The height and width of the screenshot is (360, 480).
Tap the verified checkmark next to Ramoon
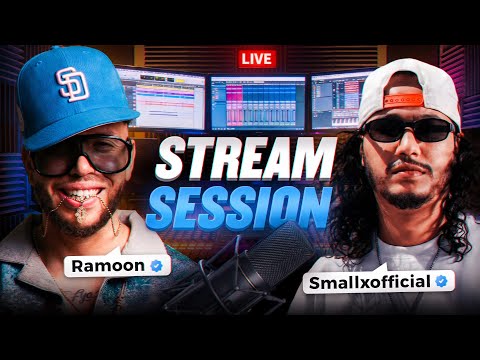[x=155, y=266]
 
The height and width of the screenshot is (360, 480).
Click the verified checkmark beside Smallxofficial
[x=440, y=282]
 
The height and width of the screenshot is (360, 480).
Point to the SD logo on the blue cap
[x=73, y=85]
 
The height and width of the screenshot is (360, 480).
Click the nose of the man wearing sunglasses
[x=408, y=150]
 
